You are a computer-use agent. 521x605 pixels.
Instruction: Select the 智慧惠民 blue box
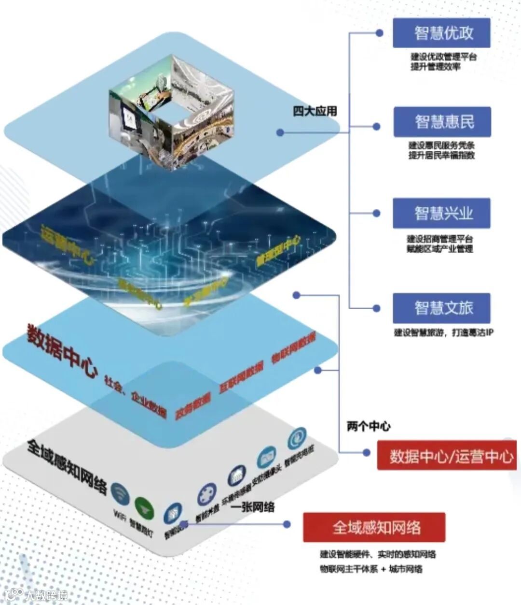442,122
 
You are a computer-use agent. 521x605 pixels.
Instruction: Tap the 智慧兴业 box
441,213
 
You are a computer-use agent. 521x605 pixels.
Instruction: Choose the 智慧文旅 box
441,308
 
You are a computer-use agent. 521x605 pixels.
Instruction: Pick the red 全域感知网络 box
374,527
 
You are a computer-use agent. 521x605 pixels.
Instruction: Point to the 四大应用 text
315,111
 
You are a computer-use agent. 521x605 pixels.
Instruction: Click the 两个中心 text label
369,426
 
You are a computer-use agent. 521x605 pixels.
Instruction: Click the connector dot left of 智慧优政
379,33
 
